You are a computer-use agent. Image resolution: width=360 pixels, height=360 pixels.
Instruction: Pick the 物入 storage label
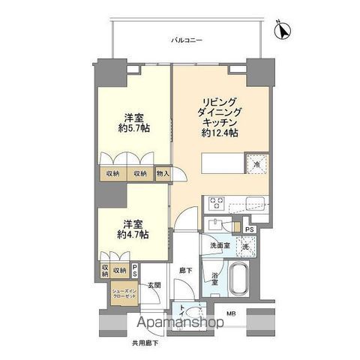(x=163, y=174)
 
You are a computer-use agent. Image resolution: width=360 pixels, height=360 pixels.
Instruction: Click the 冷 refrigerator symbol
(x=256, y=163)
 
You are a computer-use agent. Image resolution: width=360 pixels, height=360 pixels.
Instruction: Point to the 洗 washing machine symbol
(x=244, y=247)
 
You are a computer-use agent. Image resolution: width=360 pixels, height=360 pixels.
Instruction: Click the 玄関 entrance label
(x=154, y=284)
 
